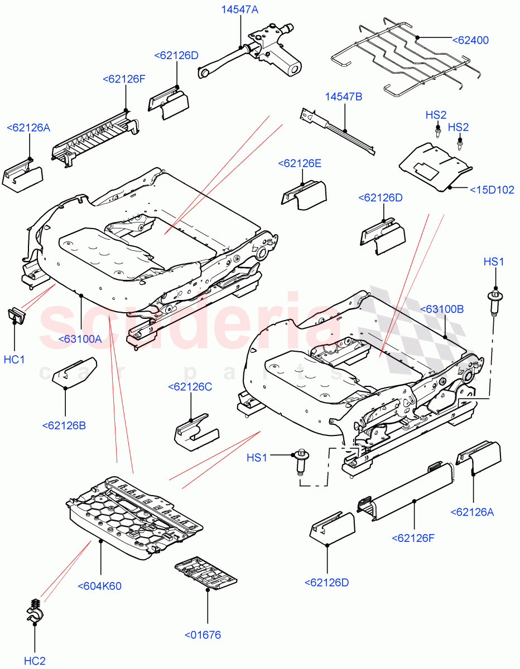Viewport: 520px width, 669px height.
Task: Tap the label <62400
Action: click(470, 40)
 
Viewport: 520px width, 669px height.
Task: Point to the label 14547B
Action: click(344, 97)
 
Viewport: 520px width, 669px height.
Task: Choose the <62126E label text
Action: click(300, 163)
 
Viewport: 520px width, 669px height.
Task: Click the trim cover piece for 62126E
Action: click(304, 196)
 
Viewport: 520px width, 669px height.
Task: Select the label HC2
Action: click(35, 661)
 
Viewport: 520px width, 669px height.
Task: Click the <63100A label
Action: click(80, 338)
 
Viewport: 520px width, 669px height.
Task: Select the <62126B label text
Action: click(64, 426)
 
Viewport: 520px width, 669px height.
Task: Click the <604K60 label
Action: click(100, 586)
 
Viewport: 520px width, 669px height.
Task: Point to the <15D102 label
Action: click(492, 189)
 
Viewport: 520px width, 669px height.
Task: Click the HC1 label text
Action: click(14, 360)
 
